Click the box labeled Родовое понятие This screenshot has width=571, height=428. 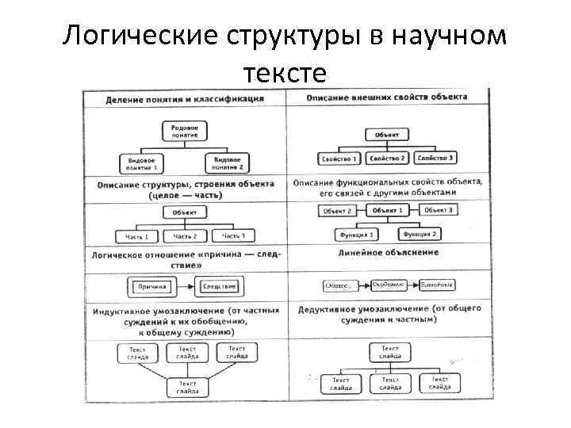pos(186,130)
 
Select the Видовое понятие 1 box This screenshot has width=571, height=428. pos(143,163)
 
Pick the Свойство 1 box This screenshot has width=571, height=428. pos(339,158)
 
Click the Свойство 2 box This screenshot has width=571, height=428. pos(387,158)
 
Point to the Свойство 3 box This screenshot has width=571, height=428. pos(435,158)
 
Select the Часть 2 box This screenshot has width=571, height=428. pos(185,236)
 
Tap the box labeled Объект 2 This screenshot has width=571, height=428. pos(338,211)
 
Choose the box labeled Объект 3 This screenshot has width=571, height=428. pos(438,209)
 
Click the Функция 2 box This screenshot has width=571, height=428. pos(420,235)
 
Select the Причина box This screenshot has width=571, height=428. pos(150,286)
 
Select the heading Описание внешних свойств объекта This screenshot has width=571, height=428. pos(387,97)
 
